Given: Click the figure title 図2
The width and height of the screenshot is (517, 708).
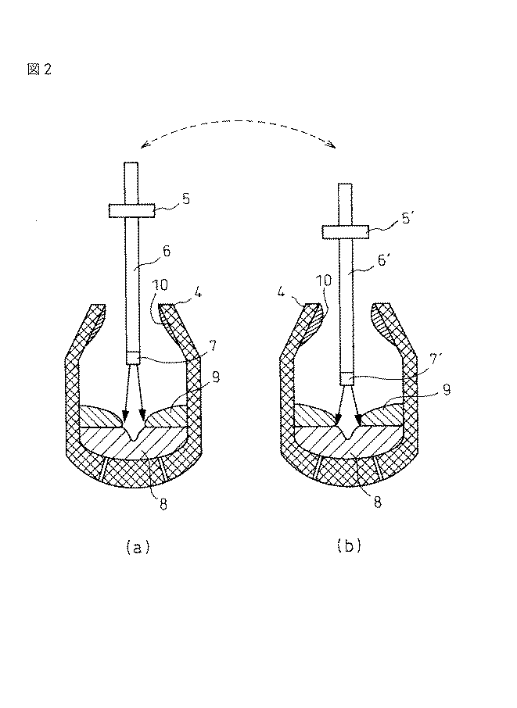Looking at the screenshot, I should pos(38,70).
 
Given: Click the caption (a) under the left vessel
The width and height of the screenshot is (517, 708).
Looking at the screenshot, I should pos(137,547).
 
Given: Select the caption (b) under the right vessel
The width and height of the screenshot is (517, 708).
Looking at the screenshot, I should pos(348,547).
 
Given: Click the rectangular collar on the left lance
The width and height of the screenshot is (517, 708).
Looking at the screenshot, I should pos(131,209).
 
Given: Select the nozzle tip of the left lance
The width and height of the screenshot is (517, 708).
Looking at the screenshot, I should pos(133,359).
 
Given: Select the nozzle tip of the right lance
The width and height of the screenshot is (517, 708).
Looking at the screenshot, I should pos(347,379).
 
